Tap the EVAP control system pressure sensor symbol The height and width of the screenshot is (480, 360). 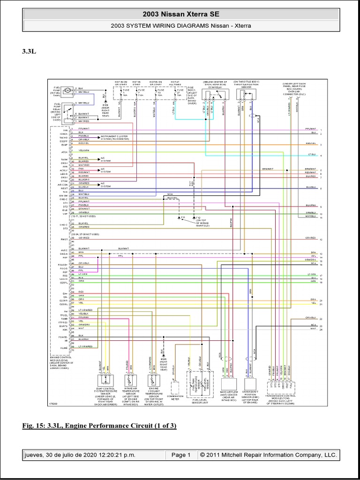click(x=105, y=381)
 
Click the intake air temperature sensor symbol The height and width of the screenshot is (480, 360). click(x=130, y=381)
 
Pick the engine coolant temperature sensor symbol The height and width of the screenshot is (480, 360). click(x=153, y=381)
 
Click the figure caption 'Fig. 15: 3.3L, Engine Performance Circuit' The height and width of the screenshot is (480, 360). click(x=99, y=426)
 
